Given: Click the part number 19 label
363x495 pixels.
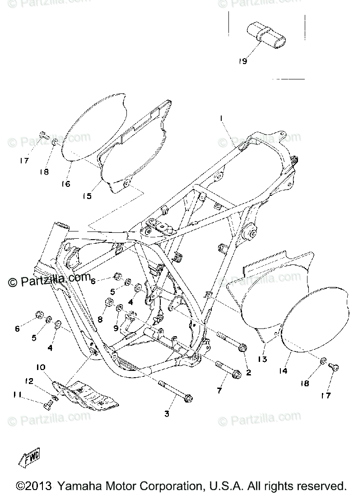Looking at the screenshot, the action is (243, 61).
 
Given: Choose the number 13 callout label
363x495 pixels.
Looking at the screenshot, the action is (262, 360).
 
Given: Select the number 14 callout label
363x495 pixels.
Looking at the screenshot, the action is (283, 371).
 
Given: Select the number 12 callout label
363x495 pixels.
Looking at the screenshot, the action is (29, 381).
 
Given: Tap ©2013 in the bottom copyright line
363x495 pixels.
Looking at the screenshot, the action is (33, 486).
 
